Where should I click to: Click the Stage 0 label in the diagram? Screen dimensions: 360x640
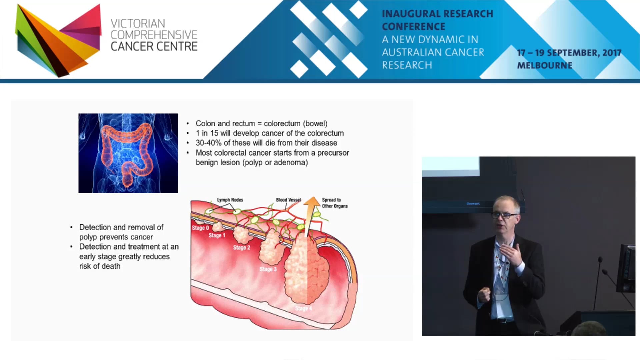(200, 228)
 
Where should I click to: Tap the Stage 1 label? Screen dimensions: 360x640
(217, 235)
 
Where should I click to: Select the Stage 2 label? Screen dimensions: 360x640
(242, 247)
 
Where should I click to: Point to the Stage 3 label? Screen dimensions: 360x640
(268, 269)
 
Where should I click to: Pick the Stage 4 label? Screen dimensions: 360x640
(303, 308)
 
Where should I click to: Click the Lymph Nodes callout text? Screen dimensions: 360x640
(230, 200)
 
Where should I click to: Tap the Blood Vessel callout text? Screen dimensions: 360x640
(288, 200)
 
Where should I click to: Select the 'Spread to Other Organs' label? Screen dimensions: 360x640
(334, 203)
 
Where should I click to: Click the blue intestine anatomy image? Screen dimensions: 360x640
(128, 153)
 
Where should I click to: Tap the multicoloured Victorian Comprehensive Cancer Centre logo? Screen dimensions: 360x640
(58, 40)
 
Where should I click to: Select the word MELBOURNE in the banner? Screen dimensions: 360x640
(545, 65)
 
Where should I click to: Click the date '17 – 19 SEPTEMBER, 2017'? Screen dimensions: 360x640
(569, 53)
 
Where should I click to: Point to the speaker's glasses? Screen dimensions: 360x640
(505, 216)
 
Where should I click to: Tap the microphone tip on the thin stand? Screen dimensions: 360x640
(600, 259)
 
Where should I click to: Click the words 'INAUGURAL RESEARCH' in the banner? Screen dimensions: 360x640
(437, 14)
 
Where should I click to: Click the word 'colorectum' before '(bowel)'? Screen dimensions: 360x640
(282, 124)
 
